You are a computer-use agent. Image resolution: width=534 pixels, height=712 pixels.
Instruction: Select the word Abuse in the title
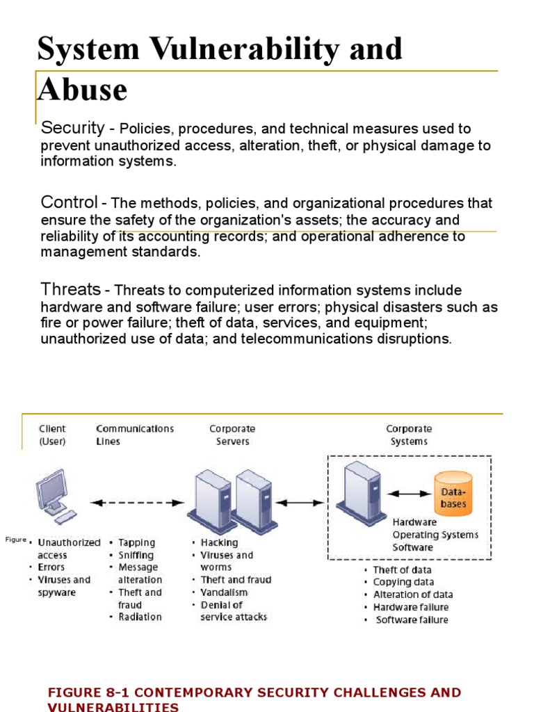pos(83,90)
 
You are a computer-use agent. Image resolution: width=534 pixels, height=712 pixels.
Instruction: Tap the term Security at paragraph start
pos(72,128)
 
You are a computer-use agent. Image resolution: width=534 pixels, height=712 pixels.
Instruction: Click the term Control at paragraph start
pos(70,202)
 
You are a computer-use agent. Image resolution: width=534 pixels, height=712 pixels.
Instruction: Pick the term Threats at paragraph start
pos(71,289)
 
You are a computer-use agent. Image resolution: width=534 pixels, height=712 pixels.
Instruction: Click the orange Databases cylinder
pos(453,493)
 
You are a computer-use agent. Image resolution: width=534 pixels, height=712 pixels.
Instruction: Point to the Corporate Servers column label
pos(232,435)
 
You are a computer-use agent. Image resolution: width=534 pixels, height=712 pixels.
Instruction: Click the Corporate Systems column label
pos(409,435)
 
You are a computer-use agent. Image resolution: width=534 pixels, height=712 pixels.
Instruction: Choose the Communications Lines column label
pos(135,435)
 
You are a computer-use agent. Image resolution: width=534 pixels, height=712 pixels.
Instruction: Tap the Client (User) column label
pos(53,435)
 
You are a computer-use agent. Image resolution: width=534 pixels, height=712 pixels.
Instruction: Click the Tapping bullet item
pos(137,542)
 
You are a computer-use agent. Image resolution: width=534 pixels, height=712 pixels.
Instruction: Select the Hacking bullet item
pos(219,542)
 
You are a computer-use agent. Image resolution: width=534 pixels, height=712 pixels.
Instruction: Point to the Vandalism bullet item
pos(224,592)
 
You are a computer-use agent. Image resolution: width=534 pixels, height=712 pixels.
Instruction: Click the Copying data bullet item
pos(403,582)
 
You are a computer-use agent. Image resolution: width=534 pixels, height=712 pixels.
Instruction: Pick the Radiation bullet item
pos(140,617)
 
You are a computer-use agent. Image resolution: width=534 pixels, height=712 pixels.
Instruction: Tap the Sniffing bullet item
pos(136,555)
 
